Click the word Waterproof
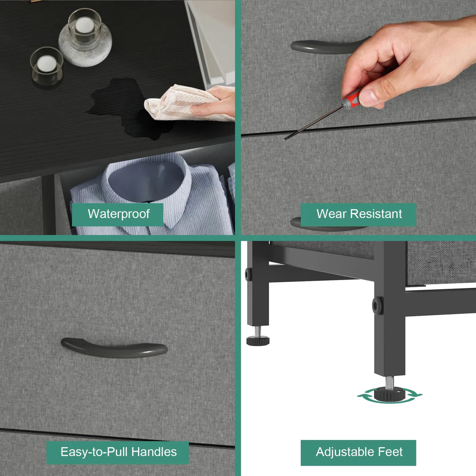pyautogui.click(x=119, y=214)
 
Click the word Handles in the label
pyautogui.click(x=154, y=452)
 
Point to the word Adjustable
pyautogui.click(x=344, y=452)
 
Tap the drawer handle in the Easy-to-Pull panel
pyautogui.click(x=114, y=348)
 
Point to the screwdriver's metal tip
pyautogui.click(x=286, y=139)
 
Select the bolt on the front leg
pyautogui.click(x=378, y=306)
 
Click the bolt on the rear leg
pyautogui.click(x=248, y=274)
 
